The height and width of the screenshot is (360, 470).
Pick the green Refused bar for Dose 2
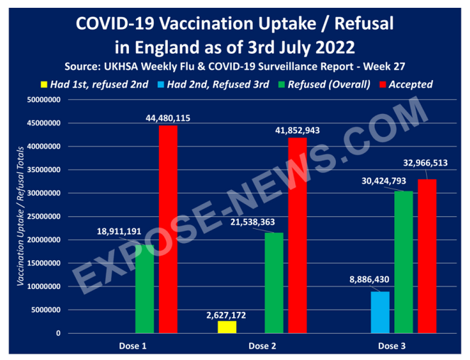(x=274, y=283)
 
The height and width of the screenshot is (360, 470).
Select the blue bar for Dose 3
(x=379, y=312)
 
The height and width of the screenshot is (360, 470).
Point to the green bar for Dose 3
(x=403, y=261)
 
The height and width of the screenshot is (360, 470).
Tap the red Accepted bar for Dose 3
(x=427, y=256)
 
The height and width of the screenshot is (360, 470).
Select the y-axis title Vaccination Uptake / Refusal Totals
(x=21, y=216)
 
